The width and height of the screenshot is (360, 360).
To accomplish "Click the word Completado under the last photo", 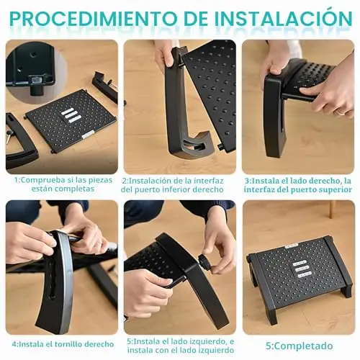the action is (303, 346).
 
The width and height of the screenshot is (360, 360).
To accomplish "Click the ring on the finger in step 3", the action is (339, 112).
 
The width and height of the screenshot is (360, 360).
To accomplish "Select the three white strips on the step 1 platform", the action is (71, 114).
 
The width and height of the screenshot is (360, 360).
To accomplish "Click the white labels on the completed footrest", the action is (302, 269).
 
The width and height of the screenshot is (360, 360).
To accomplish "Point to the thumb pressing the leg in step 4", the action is (52, 243).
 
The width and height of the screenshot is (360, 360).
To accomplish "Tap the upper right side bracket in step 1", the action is (105, 86).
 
